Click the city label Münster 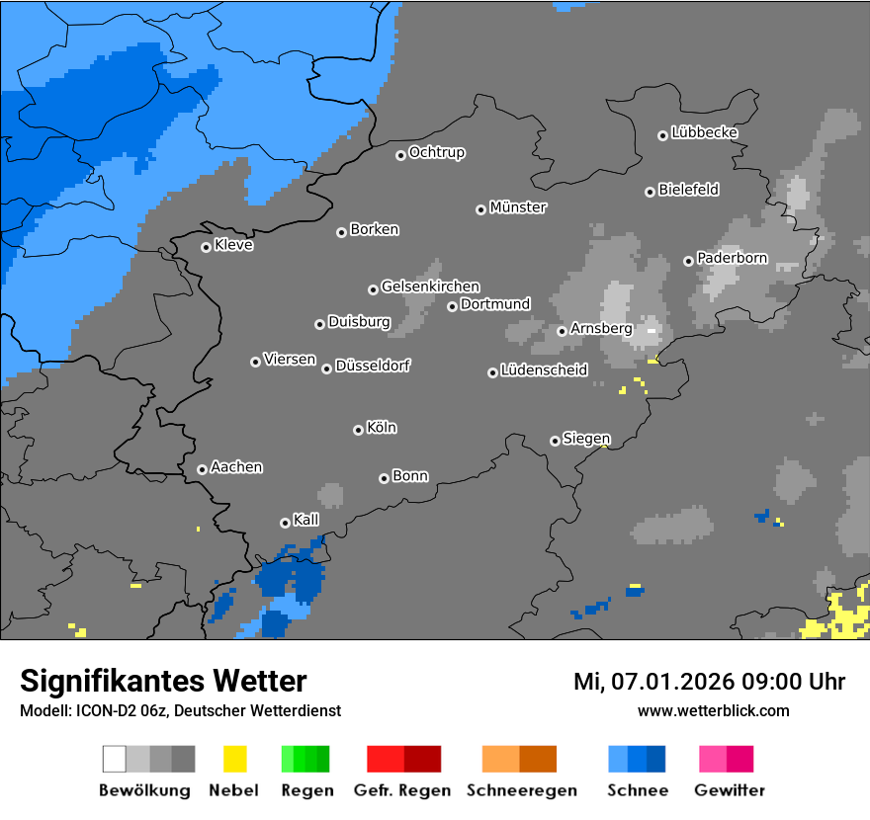pos(518,207)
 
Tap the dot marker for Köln pos(358,430)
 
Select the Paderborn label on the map pos(732,259)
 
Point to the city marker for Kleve pos(206,247)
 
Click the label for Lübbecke pos(704,132)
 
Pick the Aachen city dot pos(202,469)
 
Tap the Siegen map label pos(586,439)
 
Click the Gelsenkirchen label pos(430,287)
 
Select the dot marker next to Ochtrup pos(400,154)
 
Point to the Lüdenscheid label pos(544,370)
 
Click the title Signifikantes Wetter pos(163,681)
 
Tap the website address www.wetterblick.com pos(713,710)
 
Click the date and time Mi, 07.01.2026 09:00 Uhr pos(709,682)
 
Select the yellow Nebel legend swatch pos(234,759)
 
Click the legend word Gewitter pos(729,790)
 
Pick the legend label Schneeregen pos(521,790)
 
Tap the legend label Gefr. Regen pos(402,790)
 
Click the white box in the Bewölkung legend pos(114,759)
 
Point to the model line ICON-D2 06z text pos(179,710)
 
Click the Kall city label pos(305,520)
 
